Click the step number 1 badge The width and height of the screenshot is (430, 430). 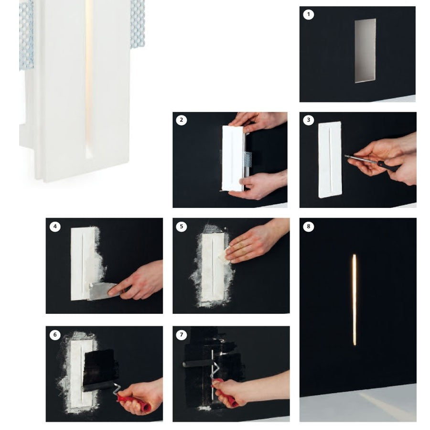point(309,14)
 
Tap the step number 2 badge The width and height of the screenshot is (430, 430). point(181,120)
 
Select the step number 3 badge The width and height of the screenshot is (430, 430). point(309,120)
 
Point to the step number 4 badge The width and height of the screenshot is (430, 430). point(55,226)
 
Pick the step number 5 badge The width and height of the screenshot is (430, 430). point(181,226)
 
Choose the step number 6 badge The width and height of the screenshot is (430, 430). point(55,334)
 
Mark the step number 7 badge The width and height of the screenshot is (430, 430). point(181,334)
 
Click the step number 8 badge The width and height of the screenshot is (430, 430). point(309,226)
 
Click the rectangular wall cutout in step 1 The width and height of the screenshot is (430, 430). point(365,51)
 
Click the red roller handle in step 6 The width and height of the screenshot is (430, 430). point(134,402)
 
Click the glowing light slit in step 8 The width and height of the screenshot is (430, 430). point(355,300)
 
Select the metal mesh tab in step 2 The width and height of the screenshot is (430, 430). point(247,159)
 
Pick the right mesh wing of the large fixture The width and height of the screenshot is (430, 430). point(138,24)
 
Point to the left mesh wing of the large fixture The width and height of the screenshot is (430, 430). point(26,36)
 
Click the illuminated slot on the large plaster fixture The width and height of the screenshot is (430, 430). point(88,79)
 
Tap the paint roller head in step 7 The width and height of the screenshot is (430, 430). point(197,364)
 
